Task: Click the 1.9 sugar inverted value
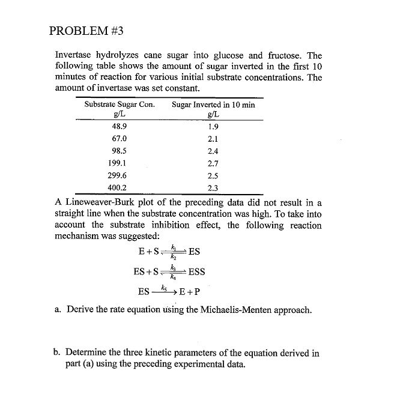coord(213,127)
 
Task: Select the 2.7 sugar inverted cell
coord(213,163)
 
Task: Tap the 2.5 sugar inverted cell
coord(213,175)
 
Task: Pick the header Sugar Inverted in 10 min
coord(213,105)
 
